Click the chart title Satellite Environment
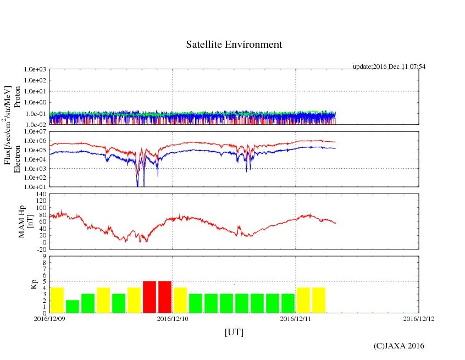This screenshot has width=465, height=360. [234, 45]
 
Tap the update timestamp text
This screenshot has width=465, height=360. [389, 67]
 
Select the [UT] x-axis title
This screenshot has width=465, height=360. [234, 332]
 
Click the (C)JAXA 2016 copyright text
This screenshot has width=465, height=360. [398, 346]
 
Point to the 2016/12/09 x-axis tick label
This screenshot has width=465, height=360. [49, 318]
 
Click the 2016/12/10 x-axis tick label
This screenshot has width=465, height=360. [173, 318]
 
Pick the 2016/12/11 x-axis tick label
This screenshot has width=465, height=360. [296, 318]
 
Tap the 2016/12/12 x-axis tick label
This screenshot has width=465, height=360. [419, 318]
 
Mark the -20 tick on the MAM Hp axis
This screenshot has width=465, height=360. [41, 249]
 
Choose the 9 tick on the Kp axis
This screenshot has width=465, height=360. [45, 256]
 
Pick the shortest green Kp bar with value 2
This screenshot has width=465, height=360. [73, 306]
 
